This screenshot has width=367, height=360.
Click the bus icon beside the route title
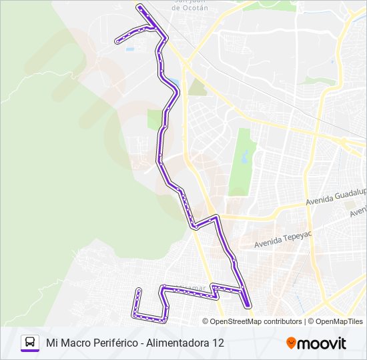pos(30,343)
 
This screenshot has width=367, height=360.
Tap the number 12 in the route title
pos(218,343)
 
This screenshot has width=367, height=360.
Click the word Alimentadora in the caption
pos(177,343)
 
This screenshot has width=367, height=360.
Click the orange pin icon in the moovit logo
pos(291,343)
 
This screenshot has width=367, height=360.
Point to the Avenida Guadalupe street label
pos(336,199)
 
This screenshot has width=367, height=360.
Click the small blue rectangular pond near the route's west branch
pos(129,49)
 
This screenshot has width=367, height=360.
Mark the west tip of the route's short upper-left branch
pos(117,41)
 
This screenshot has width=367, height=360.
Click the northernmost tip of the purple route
pos(139,6)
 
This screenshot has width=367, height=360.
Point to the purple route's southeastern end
pos(248,305)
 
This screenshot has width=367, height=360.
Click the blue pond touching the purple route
pos(173,83)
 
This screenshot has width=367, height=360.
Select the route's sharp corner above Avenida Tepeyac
pos(216,216)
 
